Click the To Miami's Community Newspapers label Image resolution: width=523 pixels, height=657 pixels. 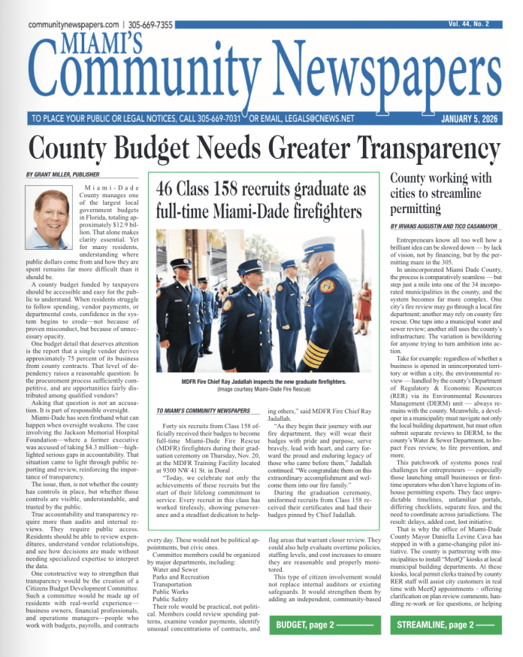(x=202, y=412)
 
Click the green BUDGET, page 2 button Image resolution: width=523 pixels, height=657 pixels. (x=325, y=625)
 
